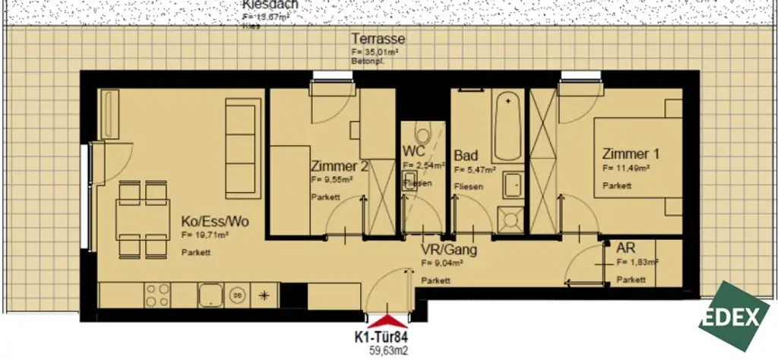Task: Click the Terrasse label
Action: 378,39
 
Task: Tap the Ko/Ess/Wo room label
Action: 215,222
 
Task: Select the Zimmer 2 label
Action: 339,166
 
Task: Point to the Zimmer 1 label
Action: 631,153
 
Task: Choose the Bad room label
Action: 465,155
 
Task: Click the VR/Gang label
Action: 449,250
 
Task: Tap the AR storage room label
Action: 626,248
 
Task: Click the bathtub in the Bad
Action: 506,125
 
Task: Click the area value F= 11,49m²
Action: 625,169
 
